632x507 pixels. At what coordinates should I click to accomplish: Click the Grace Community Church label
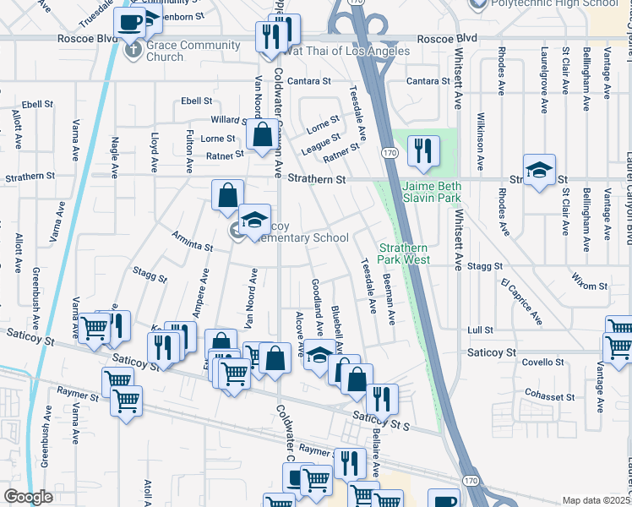[165, 51]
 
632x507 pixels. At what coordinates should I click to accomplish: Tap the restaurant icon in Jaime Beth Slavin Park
[421, 151]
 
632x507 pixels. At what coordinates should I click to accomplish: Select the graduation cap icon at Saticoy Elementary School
[254, 221]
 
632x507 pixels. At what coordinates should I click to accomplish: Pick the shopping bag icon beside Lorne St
[263, 134]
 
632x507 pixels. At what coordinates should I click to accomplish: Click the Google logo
[28, 497]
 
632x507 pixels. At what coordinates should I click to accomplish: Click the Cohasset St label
[549, 395]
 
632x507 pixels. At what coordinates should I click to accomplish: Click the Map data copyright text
[596, 500]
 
